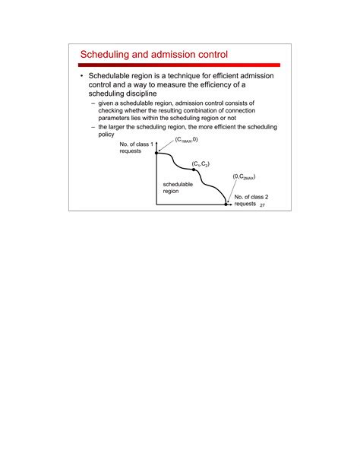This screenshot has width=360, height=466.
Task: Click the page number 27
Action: coord(263,206)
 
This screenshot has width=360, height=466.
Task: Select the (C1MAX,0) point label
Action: coord(186,140)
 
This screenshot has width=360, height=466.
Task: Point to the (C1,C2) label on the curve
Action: coord(201,163)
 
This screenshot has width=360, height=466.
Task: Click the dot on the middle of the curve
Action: coord(194,170)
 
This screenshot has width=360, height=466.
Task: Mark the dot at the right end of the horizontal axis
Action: coord(226,204)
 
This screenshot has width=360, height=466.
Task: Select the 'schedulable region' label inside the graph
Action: coord(178,188)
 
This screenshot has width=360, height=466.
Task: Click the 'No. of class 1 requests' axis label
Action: coord(137,148)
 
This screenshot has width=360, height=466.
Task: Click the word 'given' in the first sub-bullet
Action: coord(106,102)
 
